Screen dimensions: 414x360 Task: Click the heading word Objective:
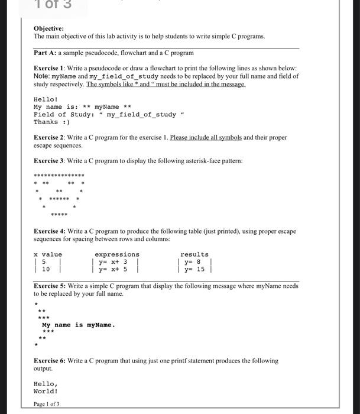click(x=48, y=28)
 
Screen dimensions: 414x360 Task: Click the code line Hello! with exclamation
click(x=46, y=99)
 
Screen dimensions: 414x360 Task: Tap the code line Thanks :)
click(x=51, y=122)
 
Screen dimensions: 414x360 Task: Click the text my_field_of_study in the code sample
click(x=141, y=114)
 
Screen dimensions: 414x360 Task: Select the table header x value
click(x=48, y=254)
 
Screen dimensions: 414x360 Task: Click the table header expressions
click(x=117, y=254)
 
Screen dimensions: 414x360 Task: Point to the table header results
click(x=194, y=254)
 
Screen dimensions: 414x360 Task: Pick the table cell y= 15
click(x=194, y=269)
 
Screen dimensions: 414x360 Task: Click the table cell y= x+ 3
click(x=114, y=262)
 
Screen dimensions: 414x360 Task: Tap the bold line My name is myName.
click(x=78, y=325)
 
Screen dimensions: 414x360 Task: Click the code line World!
click(x=46, y=391)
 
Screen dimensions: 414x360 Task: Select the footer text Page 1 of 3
click(x=47, y=404)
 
